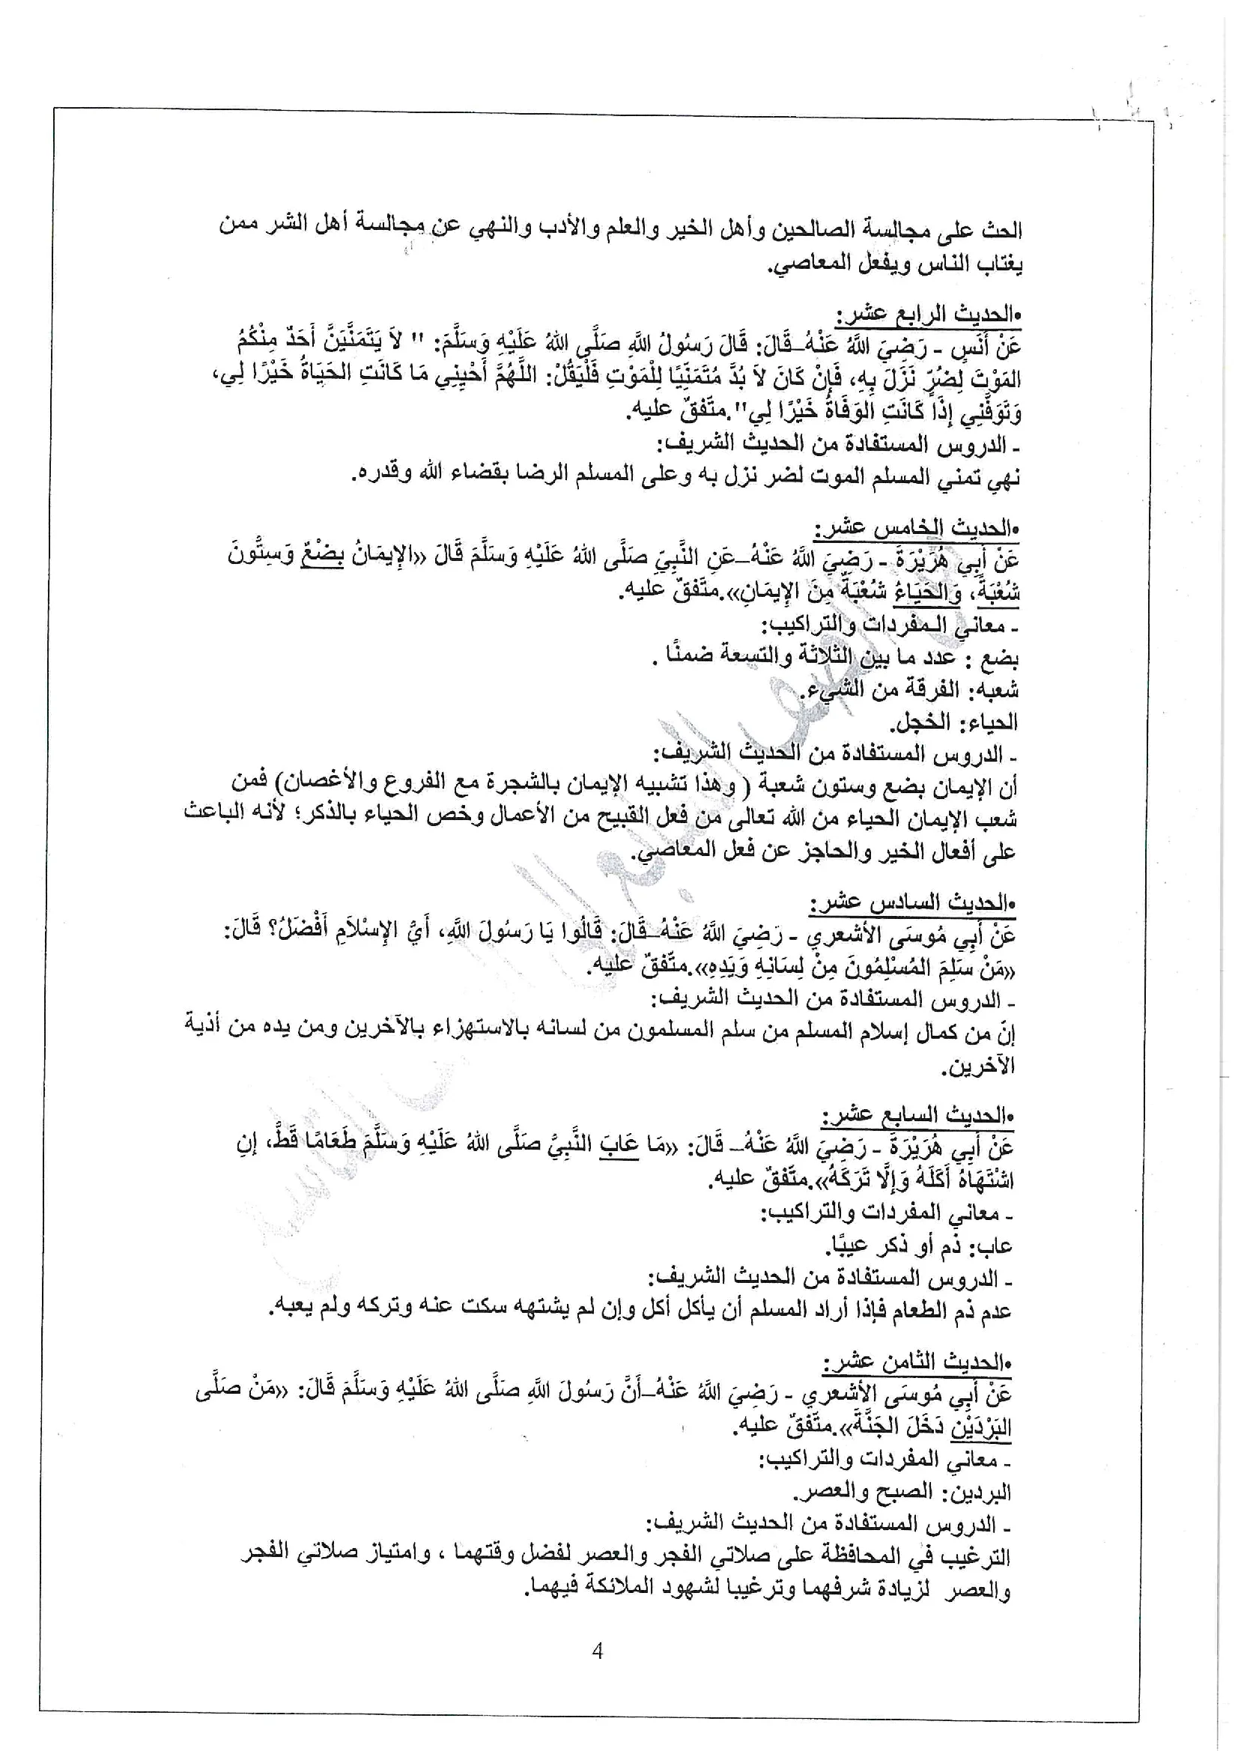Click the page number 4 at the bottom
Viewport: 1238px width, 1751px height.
point(597,1651)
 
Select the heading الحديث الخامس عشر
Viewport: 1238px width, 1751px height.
point(915,528)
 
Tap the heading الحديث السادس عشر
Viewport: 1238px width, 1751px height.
point(912,903)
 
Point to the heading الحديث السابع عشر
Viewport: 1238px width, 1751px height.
point(918,1116)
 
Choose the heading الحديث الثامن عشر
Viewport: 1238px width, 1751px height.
point(917,1362)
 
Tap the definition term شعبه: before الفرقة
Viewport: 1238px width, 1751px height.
point(993,691)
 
